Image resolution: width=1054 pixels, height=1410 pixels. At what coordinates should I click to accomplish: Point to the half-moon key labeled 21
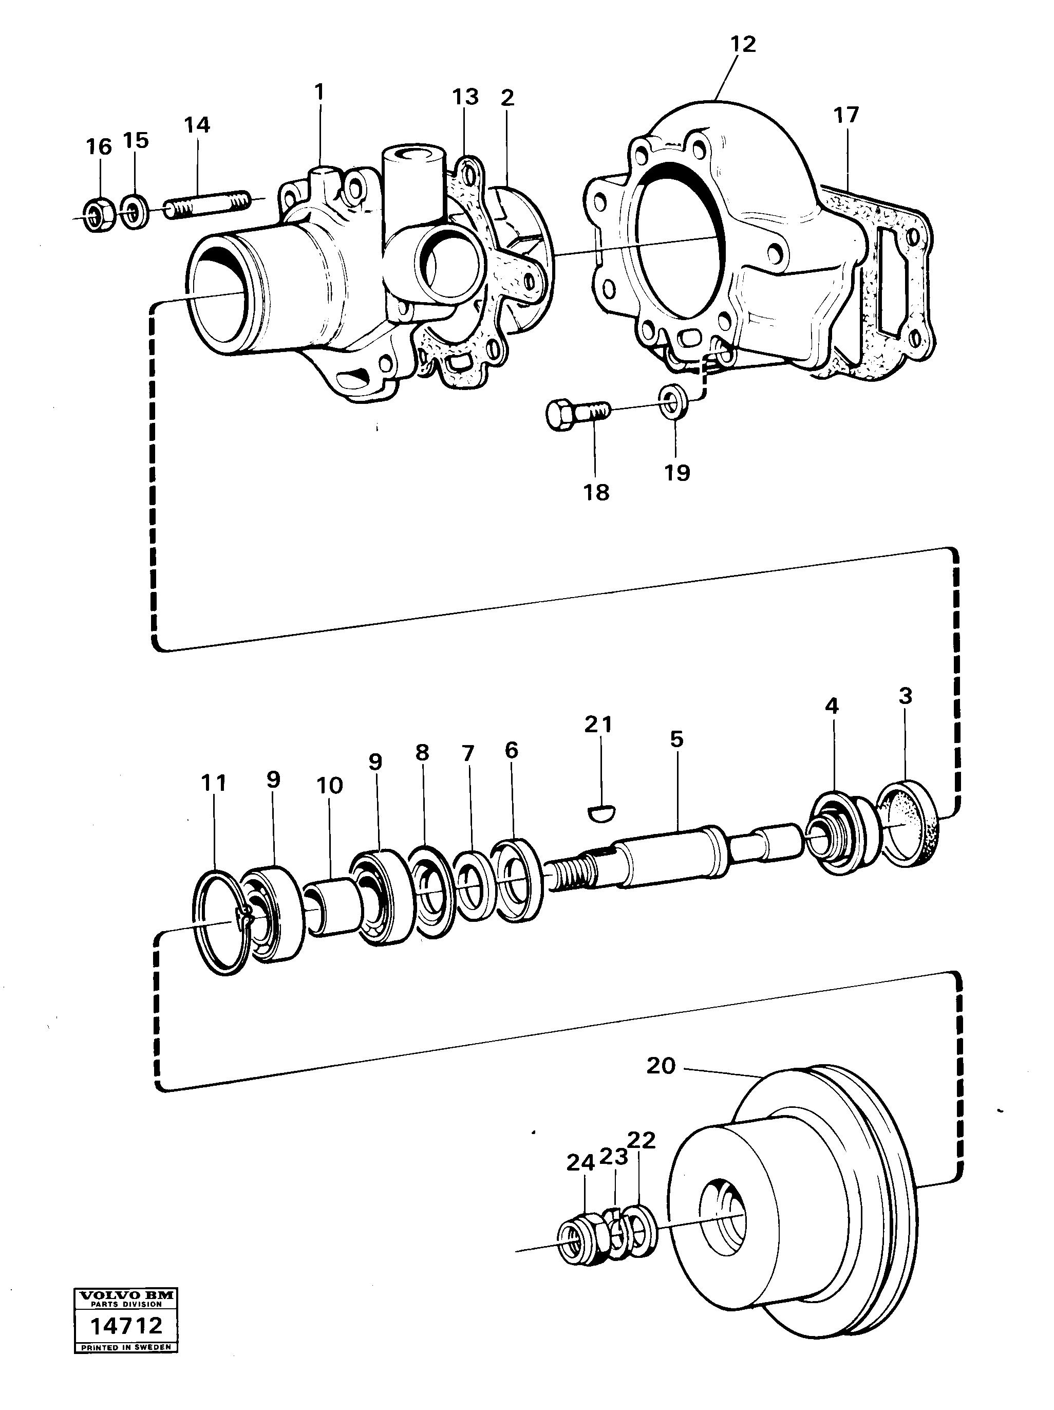(599, 812)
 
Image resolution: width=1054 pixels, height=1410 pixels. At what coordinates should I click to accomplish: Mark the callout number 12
(742, 45)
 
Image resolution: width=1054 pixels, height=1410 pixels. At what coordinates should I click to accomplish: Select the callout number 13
(465, 98)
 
